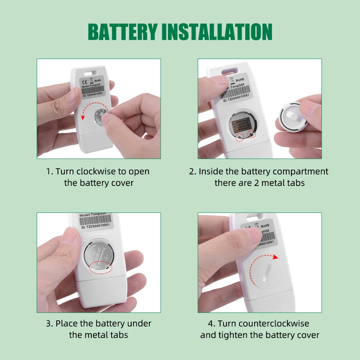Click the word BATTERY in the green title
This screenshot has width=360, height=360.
click(122, 32)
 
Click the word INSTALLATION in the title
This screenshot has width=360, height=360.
click(217, 32)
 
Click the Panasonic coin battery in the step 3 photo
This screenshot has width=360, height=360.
click(101, 257)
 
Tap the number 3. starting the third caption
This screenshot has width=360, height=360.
click(50, 324)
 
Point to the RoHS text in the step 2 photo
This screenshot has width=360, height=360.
click(240, 79)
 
